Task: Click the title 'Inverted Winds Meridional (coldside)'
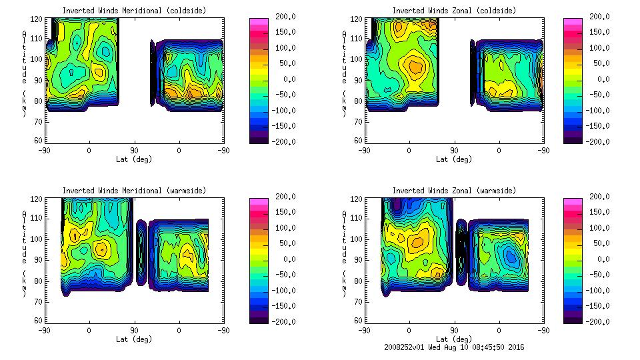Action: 134,11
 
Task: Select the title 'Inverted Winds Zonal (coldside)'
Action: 454,11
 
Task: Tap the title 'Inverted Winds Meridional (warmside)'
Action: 134,191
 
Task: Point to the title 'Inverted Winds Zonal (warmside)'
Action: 454,191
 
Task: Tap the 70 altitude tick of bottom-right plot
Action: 359,301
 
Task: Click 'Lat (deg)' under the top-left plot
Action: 134,159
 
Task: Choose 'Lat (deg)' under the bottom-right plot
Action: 454,339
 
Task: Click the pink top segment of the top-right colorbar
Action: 573,22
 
